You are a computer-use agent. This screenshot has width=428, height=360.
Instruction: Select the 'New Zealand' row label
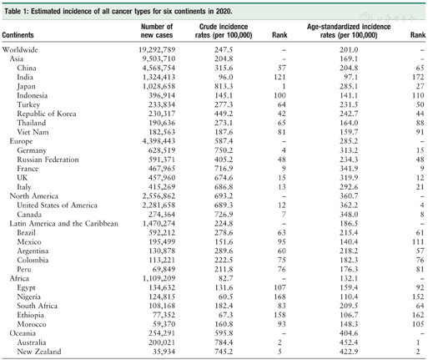(38, 352)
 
